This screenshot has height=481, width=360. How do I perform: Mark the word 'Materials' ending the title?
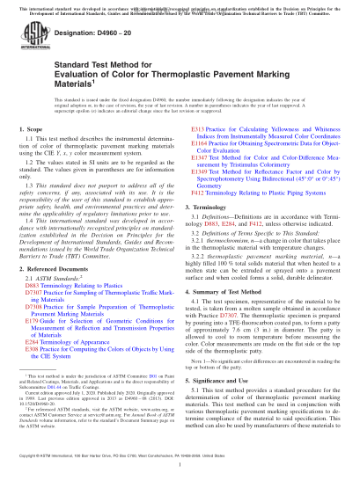(x=45, y=107)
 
